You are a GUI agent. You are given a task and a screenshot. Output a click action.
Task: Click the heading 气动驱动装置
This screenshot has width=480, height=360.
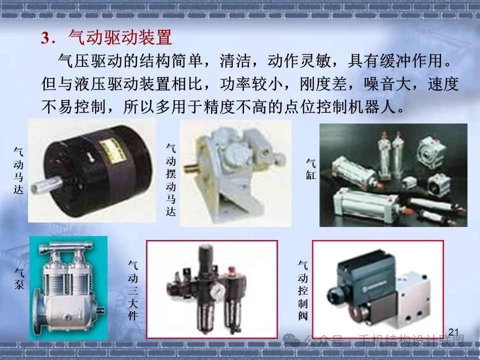tap(120, 37)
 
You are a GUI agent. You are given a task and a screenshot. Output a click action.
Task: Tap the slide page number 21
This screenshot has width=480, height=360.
tap(453, 332)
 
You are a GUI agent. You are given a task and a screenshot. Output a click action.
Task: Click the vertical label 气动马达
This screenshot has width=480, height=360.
tap(18, 170)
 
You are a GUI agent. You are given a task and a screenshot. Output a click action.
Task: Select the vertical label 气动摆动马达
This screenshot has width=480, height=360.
tap(171, 180)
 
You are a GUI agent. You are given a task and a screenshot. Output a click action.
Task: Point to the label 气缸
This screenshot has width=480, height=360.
tap(310, 168)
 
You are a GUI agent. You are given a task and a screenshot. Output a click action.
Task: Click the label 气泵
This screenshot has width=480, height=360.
tap(19, 278)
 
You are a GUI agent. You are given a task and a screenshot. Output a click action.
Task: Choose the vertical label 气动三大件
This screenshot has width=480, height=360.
tap(133, 290)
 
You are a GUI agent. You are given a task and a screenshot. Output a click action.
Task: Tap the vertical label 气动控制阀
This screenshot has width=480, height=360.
tap(303, 290)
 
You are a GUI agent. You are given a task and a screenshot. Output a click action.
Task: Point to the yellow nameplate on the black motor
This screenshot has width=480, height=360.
tap(115, 150)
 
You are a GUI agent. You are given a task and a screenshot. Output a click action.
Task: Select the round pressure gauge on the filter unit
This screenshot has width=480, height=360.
tap(216, 290)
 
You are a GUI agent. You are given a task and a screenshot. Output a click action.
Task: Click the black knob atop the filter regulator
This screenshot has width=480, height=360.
tap(204, 254)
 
